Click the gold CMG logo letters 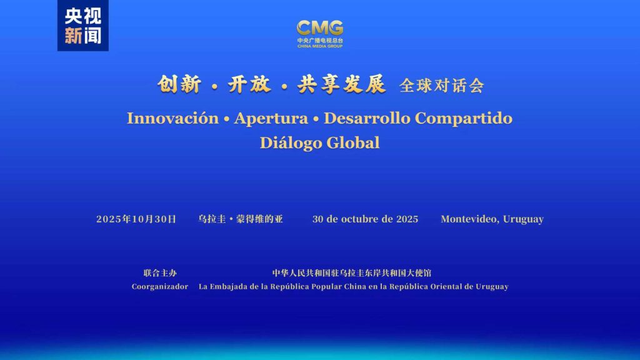click(x=320, y=28)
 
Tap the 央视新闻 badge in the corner click(x=83, y=25)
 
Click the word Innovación click(x=172, y=118)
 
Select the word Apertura click(x=271, y=118)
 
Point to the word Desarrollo click(x=366, y=118)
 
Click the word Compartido click(x=464, y=118)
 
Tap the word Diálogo click(x=291, y=143)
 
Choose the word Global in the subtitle click(x=353, y=143)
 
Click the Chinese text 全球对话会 click(x=442, y=86)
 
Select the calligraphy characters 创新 click(x=179, y=84)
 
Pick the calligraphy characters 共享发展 click(x=341, y=84)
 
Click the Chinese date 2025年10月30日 click(x=136, y=219)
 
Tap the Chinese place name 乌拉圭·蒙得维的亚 click(x=241, y=219)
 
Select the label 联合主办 click(x=160, y=273)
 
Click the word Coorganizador click(x=160, y=286)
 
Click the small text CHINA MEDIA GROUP click(x=320, y=46)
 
